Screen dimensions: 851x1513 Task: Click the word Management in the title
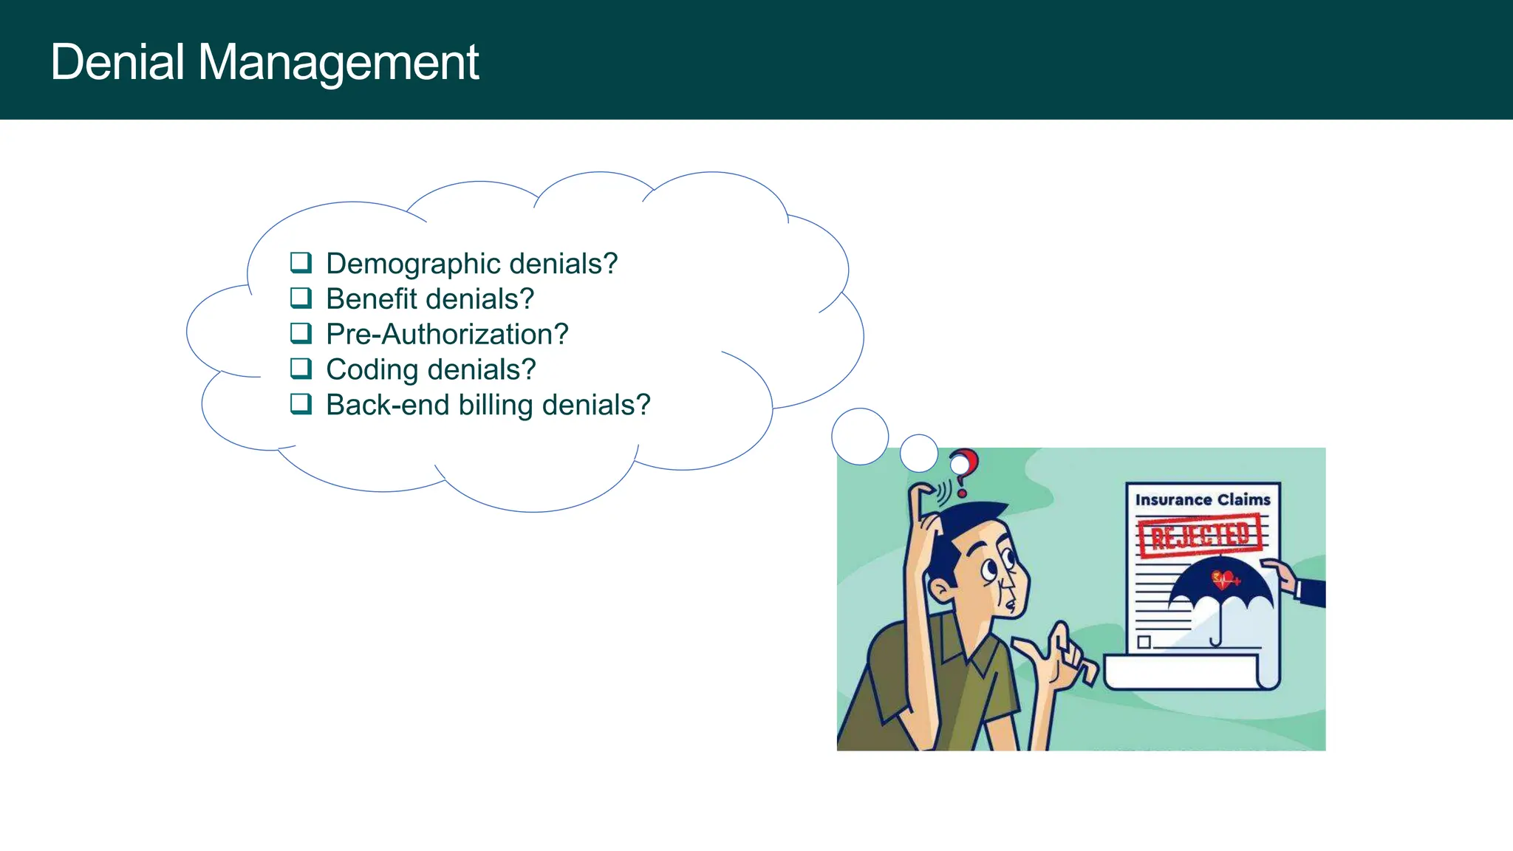click(338, 64)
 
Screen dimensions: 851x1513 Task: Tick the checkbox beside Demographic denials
click(301, 263)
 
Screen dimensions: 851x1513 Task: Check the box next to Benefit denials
click(301, 298)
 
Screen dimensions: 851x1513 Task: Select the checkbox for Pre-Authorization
click(301, 334)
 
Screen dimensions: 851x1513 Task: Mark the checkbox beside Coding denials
click(301, 369)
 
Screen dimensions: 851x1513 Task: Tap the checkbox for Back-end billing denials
click(301, 404)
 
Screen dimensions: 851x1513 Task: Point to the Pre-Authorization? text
click(447, 335)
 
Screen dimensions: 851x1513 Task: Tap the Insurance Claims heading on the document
click(1202, 500)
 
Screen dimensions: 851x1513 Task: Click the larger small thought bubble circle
click(860, 437)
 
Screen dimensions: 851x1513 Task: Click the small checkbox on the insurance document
click(1144, 641)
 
